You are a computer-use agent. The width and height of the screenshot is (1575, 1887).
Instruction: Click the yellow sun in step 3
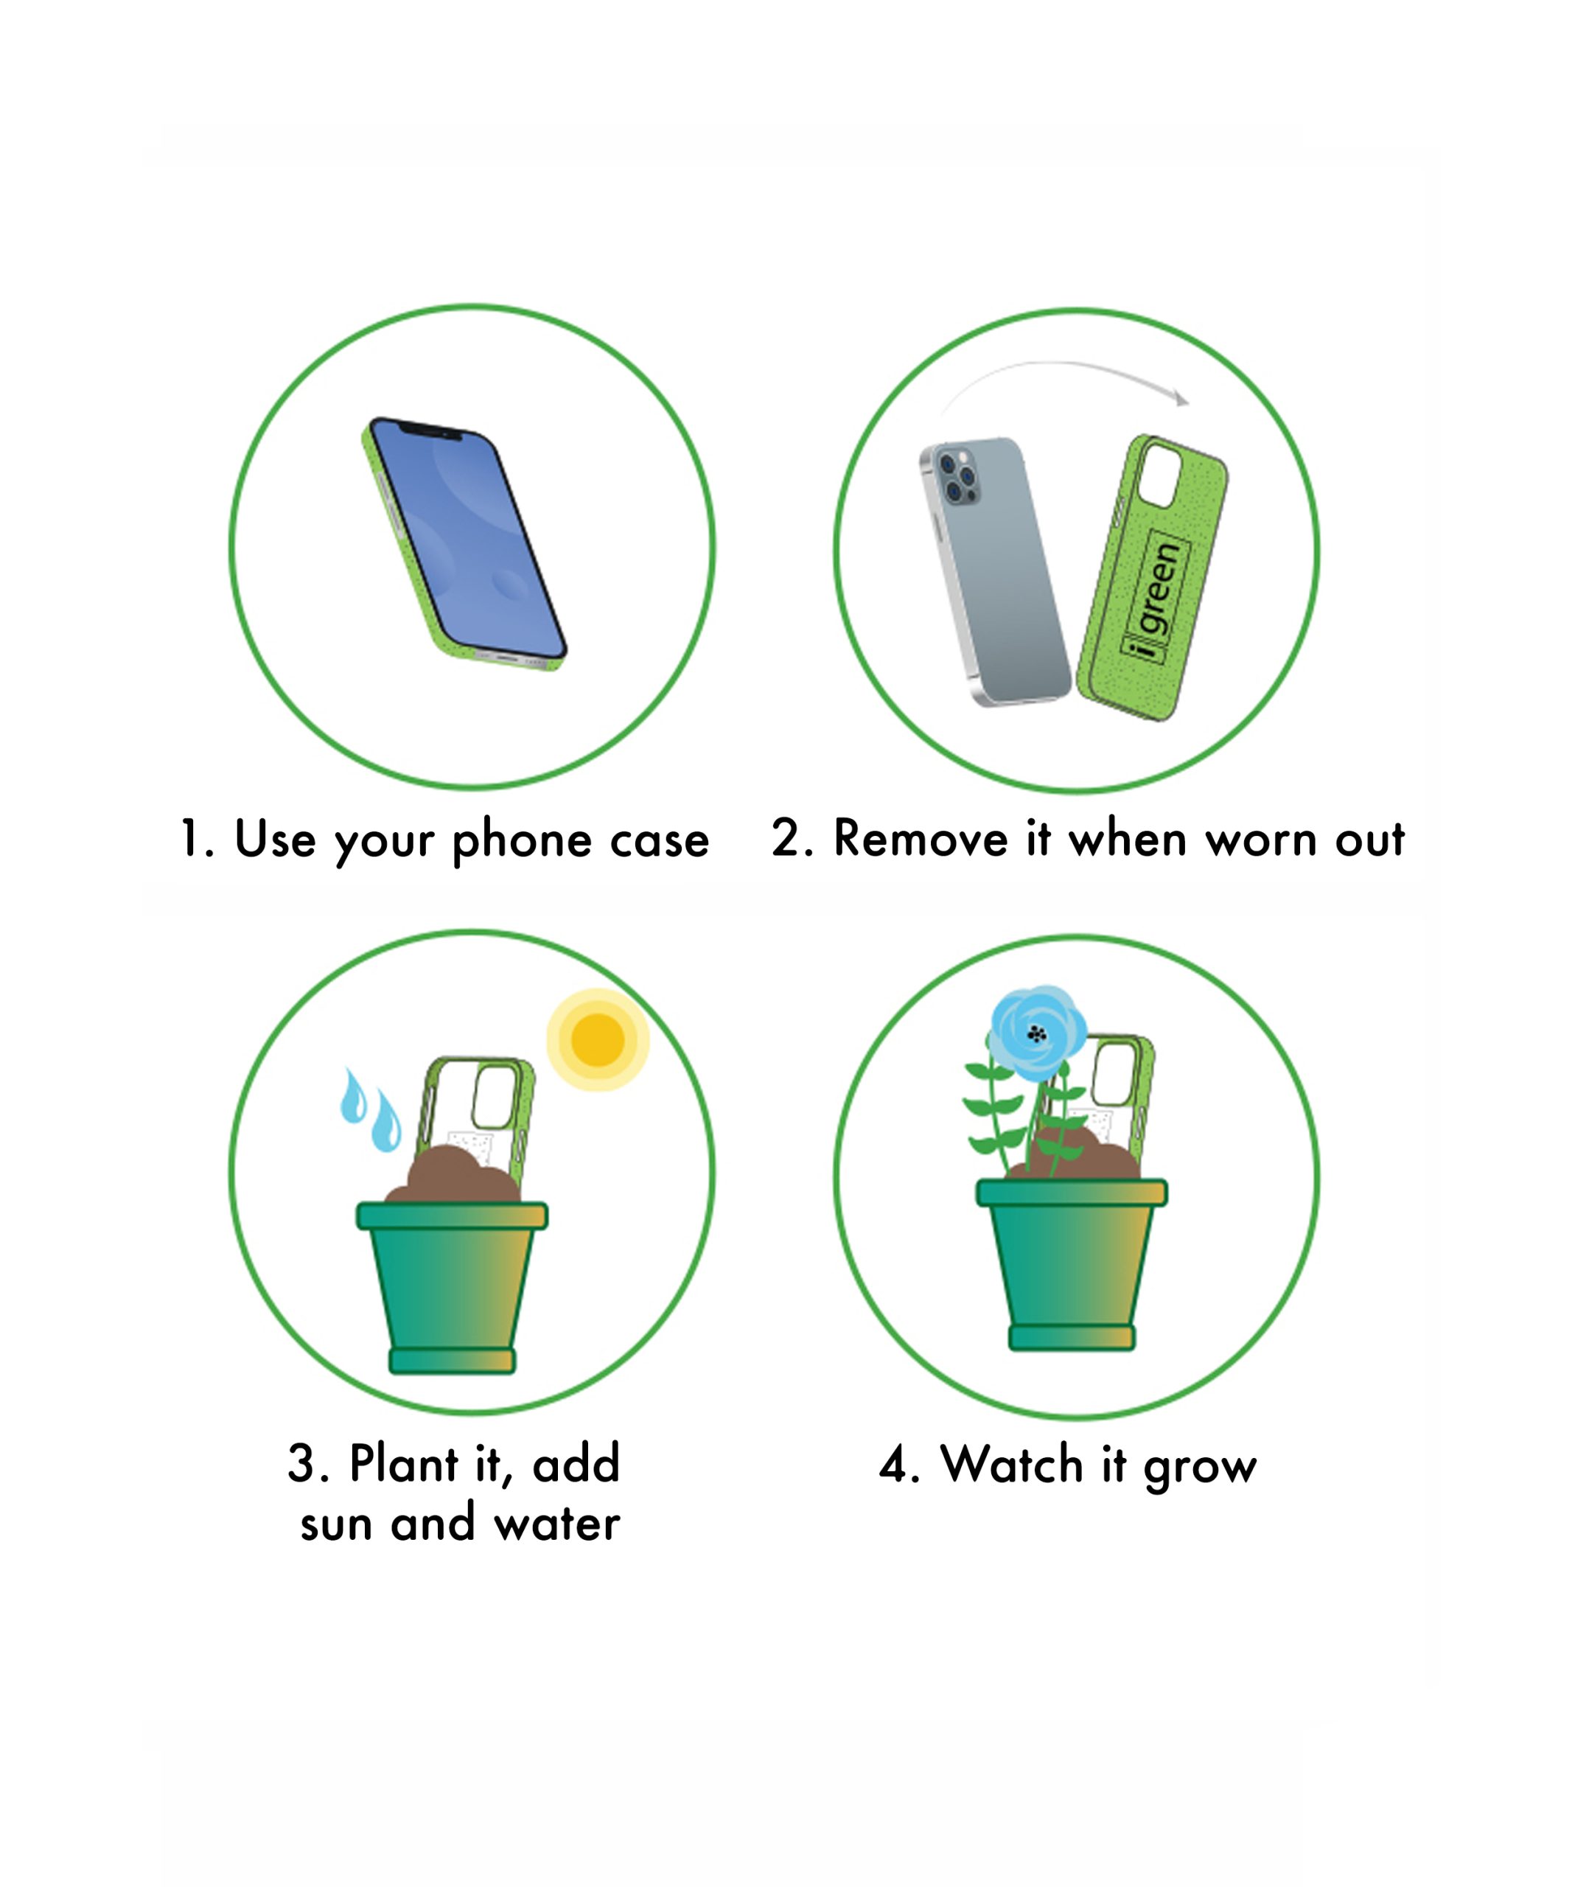coord(598,1039)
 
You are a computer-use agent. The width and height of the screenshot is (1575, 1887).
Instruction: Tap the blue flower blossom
coord(1037,1033)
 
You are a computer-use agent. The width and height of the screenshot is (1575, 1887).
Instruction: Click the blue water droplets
coord(370,1110)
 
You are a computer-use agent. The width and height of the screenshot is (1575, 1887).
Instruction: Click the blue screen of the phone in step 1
coord(467,538)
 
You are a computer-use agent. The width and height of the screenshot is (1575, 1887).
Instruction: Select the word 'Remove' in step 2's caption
coord(921,840)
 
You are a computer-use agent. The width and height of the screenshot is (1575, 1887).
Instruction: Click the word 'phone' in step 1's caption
coord(522,842)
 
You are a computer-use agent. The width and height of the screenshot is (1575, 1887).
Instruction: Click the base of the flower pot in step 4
coord(1072,1337)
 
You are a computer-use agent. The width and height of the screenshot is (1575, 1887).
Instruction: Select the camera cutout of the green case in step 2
coord(1160,475)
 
